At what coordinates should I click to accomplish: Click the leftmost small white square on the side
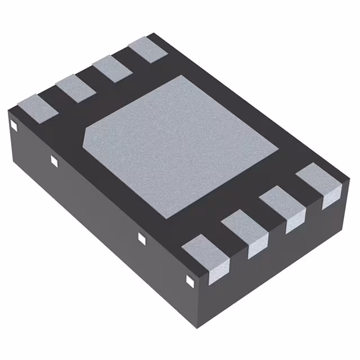(13, 126)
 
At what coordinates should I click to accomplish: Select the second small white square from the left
(54, 161)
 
